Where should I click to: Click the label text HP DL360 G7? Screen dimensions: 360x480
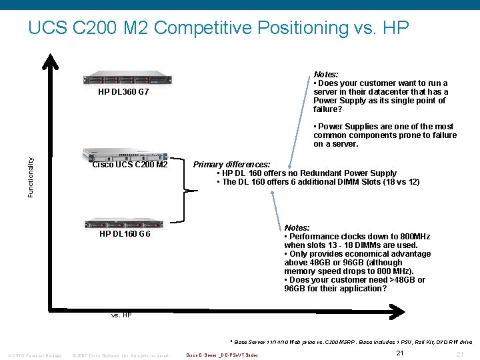(123, 92)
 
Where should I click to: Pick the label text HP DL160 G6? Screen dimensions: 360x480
(125, 234)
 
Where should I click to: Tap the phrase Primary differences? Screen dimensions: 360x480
(231, 164)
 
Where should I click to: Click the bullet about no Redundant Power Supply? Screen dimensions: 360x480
(307, 173)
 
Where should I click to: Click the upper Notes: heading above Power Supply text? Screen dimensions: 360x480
(326, 74)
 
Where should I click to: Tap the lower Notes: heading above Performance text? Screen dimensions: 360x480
(297, 227)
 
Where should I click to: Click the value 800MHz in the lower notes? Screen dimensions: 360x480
(413, 237)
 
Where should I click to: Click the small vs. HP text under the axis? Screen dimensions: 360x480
(121, 315)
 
